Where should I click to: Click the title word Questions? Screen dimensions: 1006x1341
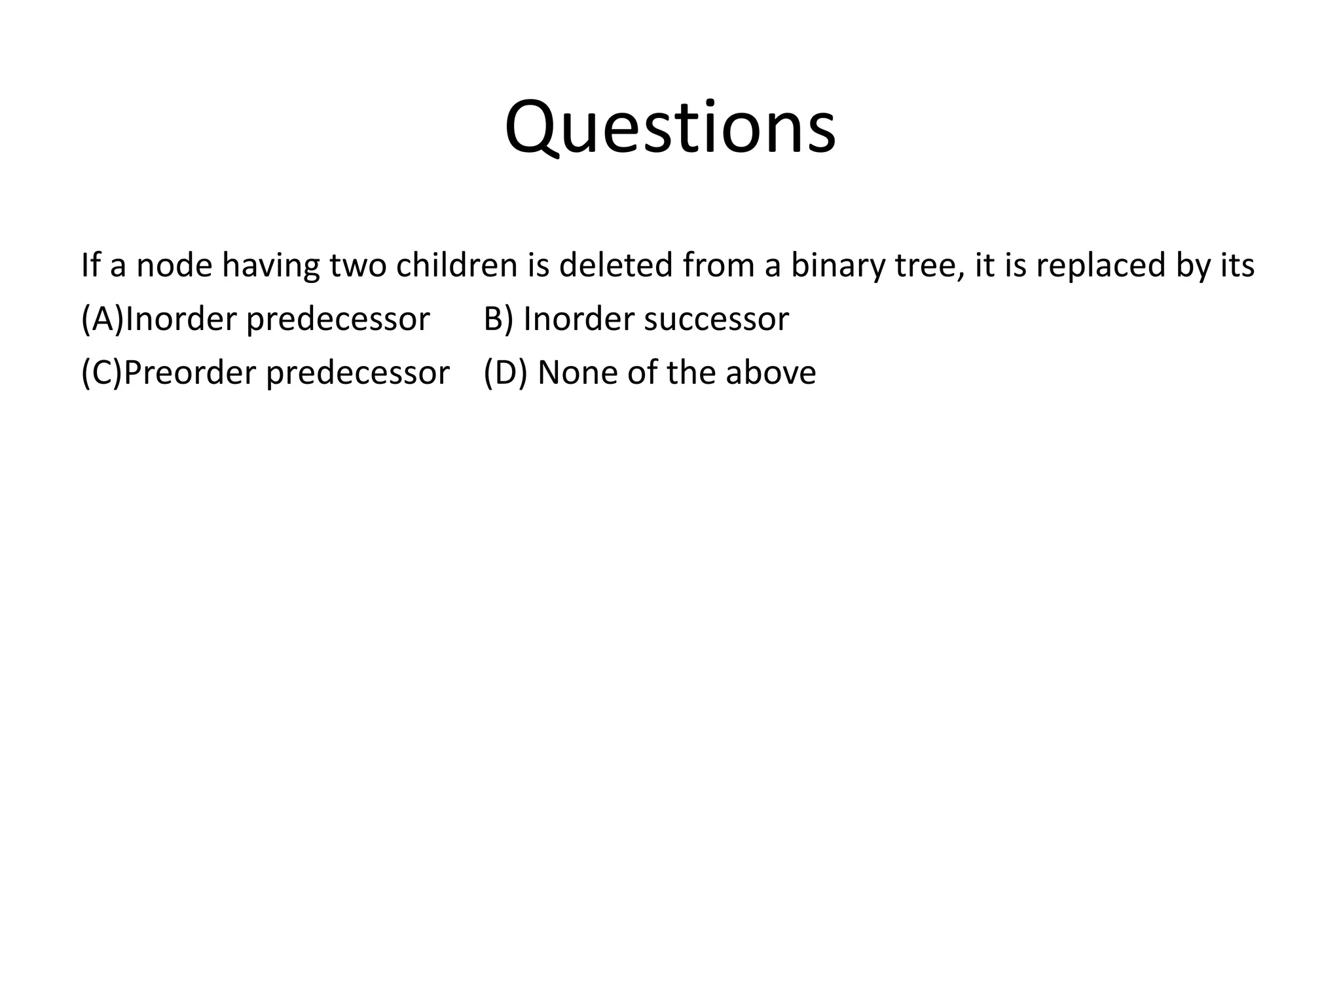point(670,128)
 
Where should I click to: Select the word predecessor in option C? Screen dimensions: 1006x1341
point(358,373)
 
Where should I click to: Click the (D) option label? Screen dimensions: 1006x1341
point(505,373)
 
